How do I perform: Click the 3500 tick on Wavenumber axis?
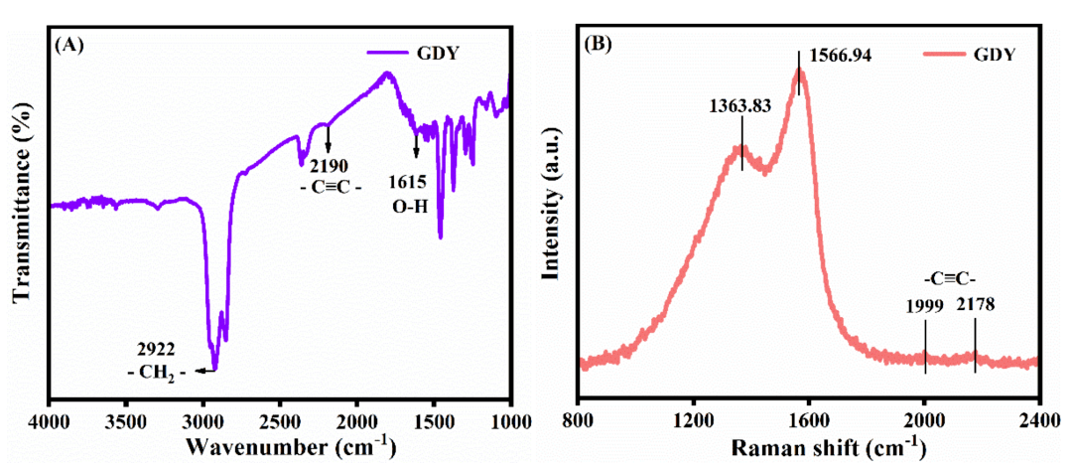tap(125, 420)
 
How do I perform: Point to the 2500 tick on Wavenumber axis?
tap(280, 420)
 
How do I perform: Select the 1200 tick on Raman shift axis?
tap(693, 420)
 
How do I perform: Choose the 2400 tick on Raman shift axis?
tap(1039, 420)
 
